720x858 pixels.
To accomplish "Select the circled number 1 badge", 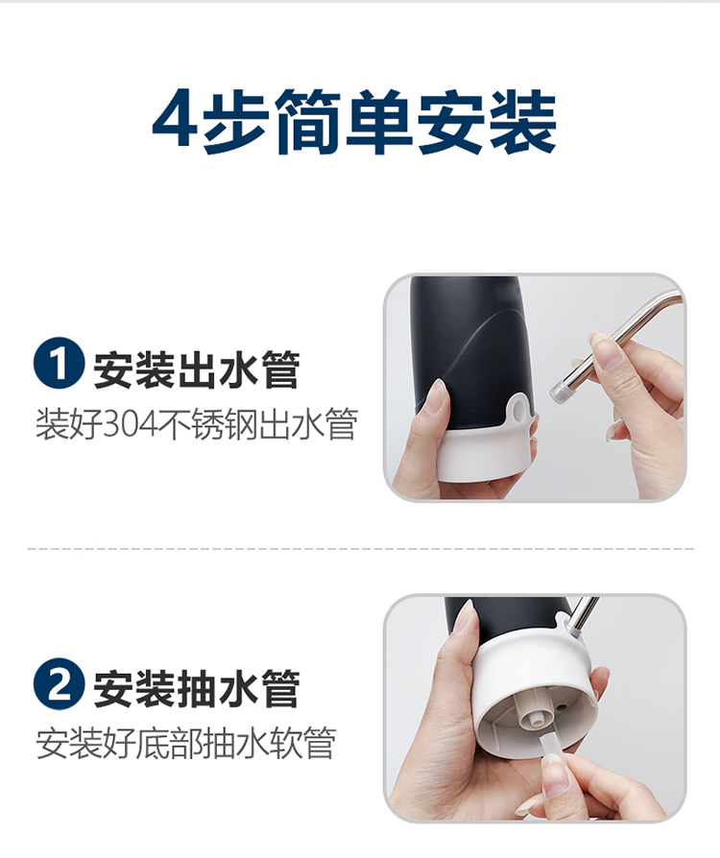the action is point(59,364).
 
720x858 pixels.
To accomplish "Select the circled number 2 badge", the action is point(59,684).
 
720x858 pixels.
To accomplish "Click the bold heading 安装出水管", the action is point(197,370).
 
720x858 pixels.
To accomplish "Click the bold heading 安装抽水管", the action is point(197,689).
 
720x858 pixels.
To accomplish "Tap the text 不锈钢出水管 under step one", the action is point(258,424).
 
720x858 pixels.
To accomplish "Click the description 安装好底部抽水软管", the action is point(185,743).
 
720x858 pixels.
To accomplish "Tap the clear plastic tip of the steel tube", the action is point(559,391).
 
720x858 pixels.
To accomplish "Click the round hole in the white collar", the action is point(518,409).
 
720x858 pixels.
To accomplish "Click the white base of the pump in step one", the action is point(484,454).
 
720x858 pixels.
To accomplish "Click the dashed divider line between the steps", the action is point(361,548).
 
